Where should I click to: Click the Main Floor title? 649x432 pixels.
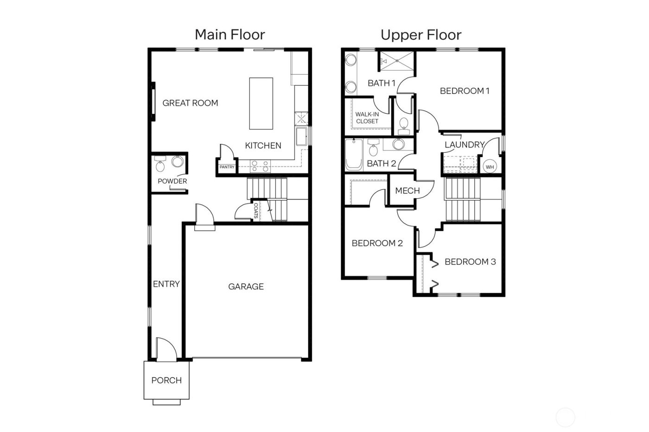click(229, 35)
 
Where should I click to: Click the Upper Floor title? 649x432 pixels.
click(421, 35)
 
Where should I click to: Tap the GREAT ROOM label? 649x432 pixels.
click(190, 103)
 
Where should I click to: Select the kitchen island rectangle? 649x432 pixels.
click(261, 103)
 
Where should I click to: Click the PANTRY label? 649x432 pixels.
click(227, 167)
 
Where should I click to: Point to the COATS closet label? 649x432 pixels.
click(255, 210)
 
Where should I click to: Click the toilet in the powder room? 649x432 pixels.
click(160, 164)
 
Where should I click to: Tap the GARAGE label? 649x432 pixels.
click(246, 287)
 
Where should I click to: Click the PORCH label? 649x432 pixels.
click(166, 380)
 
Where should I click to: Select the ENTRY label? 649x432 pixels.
click(166, 284)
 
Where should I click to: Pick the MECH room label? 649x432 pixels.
click(407, 190)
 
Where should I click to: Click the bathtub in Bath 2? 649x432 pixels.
click(354, 155)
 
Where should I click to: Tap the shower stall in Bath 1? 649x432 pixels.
click(397, 61)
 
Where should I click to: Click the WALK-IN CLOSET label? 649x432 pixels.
click(367, 118)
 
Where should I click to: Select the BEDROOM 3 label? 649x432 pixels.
click(470, 262)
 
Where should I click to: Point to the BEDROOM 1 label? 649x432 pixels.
click(464, 91)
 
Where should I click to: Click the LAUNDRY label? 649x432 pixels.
click(464, 144)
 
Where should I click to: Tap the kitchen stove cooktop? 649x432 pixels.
click(260, 166)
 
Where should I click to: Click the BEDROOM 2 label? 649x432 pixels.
click(377, 243)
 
